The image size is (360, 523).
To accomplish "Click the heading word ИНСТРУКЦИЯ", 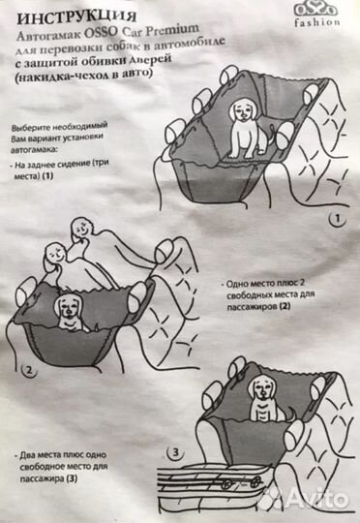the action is tap(76, 16).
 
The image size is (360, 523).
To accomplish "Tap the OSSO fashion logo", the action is tap(317, 15).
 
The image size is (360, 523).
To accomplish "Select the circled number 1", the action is tap(338, 219).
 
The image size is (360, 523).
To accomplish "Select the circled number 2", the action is tap(29, 371).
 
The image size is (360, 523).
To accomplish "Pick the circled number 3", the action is tap(176, 452).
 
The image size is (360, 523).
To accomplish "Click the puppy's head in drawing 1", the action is tap(243, 109).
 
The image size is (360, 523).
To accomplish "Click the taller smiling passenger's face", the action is tap(81, 229).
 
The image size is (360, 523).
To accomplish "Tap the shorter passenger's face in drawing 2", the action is tap(55, 254).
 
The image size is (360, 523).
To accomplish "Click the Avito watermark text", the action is tap(316, 500).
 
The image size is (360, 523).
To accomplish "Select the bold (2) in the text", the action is tap(285, 306).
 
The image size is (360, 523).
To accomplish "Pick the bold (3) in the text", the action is tap(72, 478).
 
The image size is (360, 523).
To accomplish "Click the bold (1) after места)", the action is tap(47, 175).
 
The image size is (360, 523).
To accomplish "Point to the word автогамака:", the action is tap(34, 150).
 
